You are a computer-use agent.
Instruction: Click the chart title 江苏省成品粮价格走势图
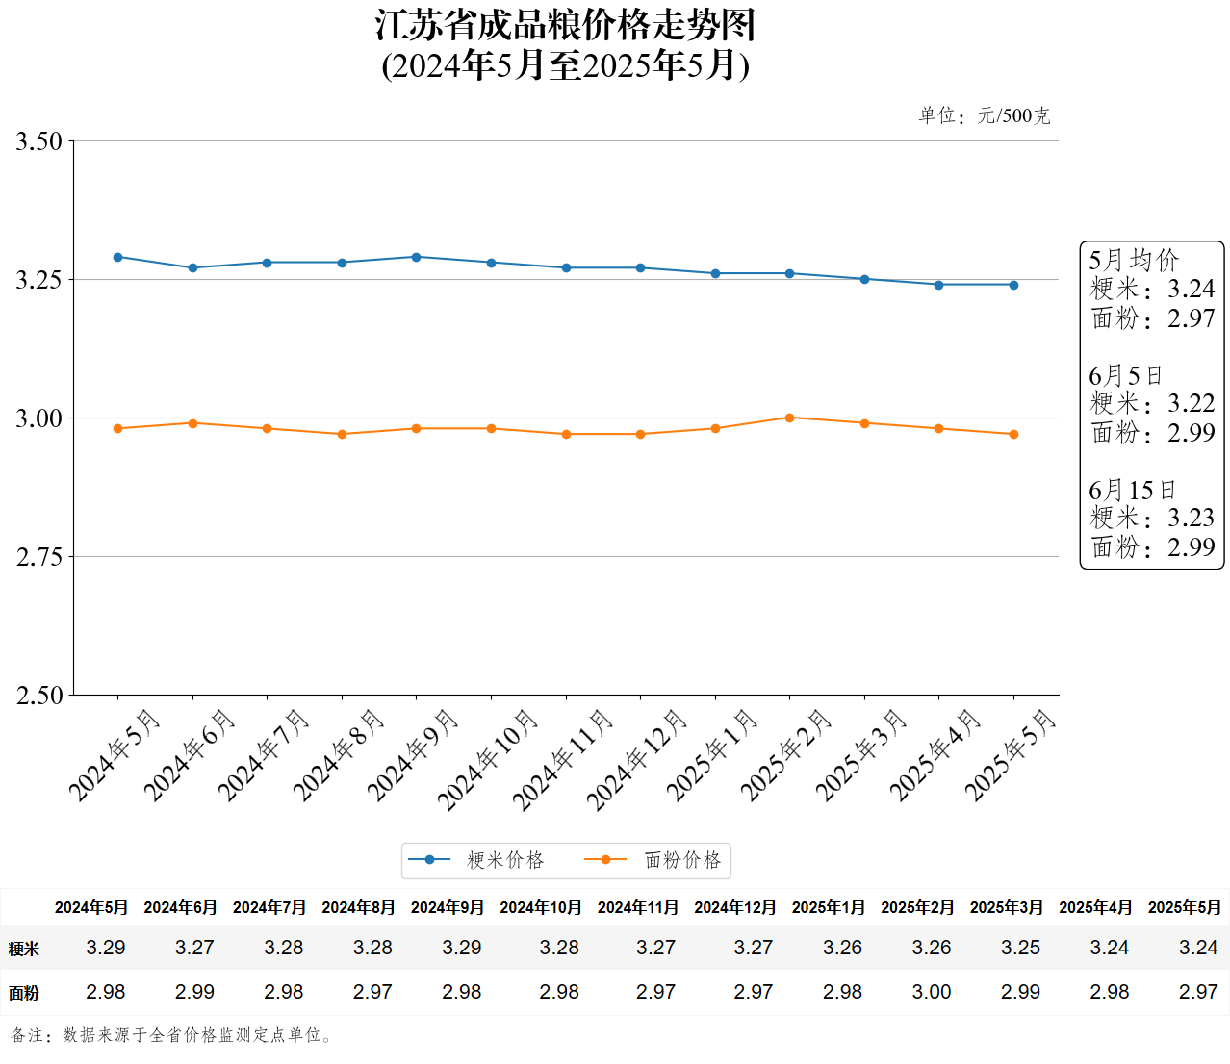tap(565, 26)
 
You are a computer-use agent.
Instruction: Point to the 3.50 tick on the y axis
tap(38, 141)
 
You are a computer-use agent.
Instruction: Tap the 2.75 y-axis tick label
tap(38, 557)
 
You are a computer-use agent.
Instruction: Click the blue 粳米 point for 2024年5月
tap(118, 257)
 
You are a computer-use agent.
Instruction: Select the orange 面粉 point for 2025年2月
tap(789, 418)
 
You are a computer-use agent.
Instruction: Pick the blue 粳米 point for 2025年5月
tap(1013, 285)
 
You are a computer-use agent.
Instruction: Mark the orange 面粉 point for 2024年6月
tap(192, 423)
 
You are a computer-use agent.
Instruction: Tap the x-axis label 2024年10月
tap(488, 760)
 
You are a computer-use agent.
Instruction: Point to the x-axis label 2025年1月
tap(713, 755)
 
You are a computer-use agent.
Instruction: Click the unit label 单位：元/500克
tap(984, 116)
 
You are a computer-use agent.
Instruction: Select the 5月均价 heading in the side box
tap(1134, 260)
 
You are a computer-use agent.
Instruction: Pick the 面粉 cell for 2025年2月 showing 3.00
tap(931, 992)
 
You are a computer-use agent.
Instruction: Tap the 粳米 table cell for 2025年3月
tap(1020, 948)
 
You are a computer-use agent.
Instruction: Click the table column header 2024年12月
tap(734, 907)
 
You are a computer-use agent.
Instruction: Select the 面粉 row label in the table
tap(24, 993)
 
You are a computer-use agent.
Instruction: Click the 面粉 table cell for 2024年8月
tap(372, 992)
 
